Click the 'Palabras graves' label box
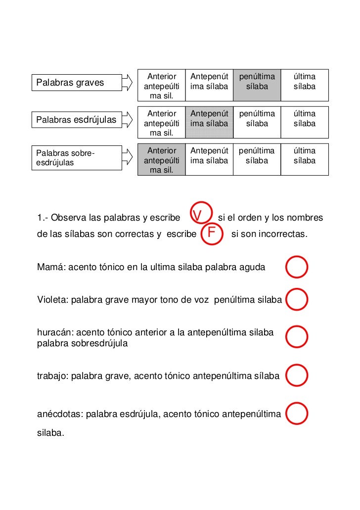pyautogui.click(x=77, y=83)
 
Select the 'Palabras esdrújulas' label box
pyautogui.click(x=77, y=120)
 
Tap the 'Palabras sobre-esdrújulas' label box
pyautogui.click(x=77, y=157)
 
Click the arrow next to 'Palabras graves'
pyautogui.click(x=128, y=83)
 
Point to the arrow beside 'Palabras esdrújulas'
pyautogui.click(x=128, y=120)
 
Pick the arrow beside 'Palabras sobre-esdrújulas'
pyautogui.click(x=128, y=157)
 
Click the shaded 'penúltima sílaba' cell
pyautogui.click(x=257, y=82)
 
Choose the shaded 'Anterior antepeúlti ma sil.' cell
pyautogui.click(x=162, y=160)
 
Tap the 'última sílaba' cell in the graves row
pyautogui.click(x=304, y=82)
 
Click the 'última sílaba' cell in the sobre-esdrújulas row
pyautogui.click(x=304, y=156)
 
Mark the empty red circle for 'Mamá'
pyautogui.click(x=297, y=267)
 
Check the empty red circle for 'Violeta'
pyautogui.click(x=297, y=299)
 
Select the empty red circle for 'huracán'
pyautogui.click(x=297, y=336)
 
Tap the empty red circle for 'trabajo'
pyautogui.click(x=297, y=376)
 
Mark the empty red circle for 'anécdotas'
pyautogui.click(x=297, y=414)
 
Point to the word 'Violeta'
pyautogui.click(x=52, y=300)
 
